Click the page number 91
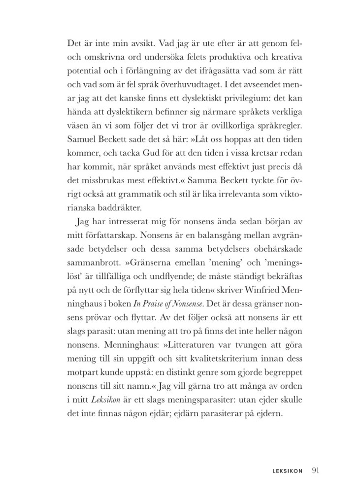(x=316, y=470)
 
